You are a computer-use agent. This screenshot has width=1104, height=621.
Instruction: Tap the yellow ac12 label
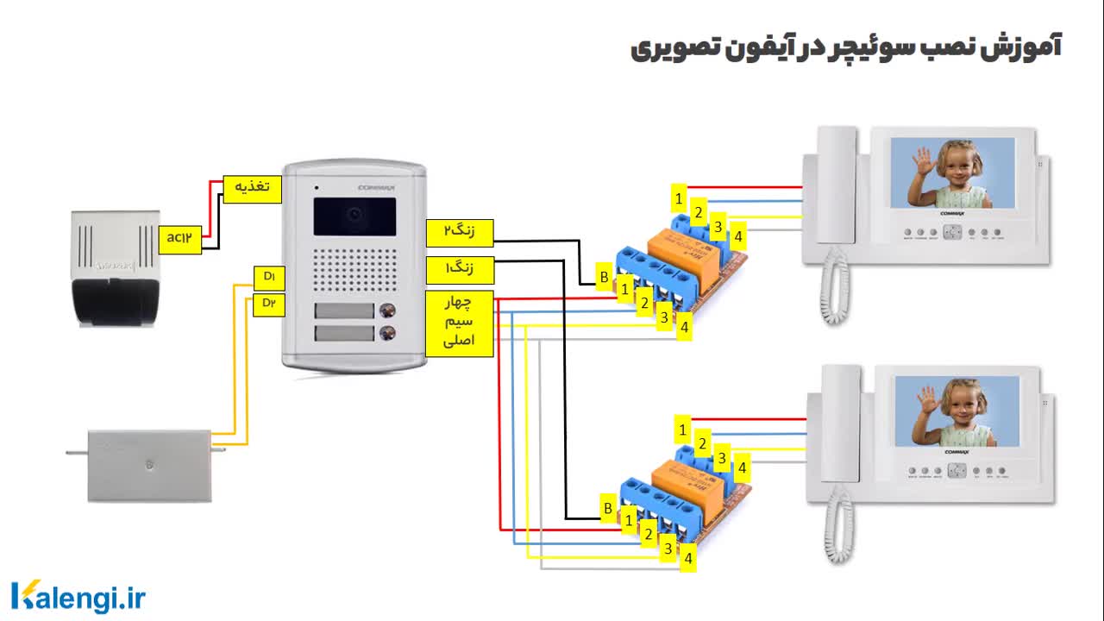click(x=179, y=239)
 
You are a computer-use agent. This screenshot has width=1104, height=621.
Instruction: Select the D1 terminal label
click(x=269, y=277)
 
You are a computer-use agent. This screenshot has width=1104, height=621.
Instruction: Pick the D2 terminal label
click(x=269, y=304)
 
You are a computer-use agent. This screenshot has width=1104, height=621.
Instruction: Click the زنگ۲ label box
click(x=460, y=233)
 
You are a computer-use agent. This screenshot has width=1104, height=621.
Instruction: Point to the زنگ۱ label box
click(x=460, y=270)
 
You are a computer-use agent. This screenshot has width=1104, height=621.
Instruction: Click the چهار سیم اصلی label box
click(x=460, y=323)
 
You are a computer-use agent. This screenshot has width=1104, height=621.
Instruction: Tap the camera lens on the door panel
click(x=354, y=214)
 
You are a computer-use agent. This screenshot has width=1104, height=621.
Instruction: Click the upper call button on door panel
click(x=388, y=311)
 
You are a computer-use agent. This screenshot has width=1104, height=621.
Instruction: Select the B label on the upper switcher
click(x=605, y=279)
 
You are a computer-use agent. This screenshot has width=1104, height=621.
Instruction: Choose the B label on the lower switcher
click(x=608, y=509)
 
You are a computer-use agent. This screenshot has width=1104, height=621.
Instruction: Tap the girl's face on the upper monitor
click(x=957, y=167)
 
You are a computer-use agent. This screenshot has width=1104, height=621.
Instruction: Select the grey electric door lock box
click(x=149, y=466)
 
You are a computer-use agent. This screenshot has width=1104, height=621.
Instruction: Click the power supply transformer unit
click(x=115, y=267)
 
